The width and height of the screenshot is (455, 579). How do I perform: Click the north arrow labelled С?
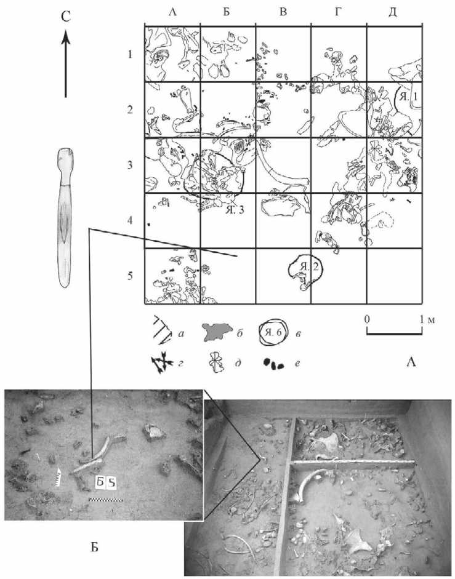(x=66, y=63)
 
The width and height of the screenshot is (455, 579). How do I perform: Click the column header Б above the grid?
(x=227, y=12)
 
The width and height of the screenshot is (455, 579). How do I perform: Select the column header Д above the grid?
(x=393, y=12)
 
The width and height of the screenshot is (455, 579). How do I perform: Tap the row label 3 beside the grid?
(x=130, y=165)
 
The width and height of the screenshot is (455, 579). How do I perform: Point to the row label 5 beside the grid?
(x=130, y=276)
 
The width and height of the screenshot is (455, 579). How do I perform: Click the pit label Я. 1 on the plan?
(x=407, y=97)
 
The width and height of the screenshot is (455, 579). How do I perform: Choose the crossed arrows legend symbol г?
(x=162, y=364)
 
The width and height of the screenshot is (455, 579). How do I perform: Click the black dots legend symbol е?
(x=273, y=364)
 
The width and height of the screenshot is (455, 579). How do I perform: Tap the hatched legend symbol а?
(x=162, y=330)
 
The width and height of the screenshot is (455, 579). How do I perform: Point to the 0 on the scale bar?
(x=367, y=319)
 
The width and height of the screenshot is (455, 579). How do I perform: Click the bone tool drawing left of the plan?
(x=65, y=217)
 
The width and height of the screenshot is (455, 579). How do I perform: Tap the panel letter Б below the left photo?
(x=95, y=547)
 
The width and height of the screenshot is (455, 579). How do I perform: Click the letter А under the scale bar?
(x=411, y=362)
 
